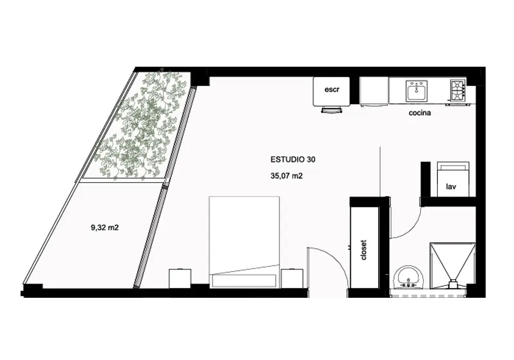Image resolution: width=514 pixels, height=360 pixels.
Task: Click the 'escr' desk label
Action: tap(332, 89)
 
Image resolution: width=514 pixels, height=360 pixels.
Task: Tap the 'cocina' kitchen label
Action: tap(419, 113)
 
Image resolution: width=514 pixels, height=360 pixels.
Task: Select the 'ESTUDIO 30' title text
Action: tap(293, 159)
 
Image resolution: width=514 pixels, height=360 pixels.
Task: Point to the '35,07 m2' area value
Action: tap(286, 176)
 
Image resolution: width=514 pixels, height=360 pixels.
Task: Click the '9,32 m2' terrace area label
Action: tap(104, 227)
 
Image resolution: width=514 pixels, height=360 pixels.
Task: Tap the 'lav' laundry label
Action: tap(451, 187)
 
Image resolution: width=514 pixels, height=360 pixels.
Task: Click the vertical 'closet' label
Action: tap(363, 250)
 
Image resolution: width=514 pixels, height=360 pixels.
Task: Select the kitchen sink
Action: tap(417, 91)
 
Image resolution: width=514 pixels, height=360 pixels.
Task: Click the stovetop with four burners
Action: tap(458, 90)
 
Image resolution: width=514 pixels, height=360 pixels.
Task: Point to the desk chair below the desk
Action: tap(331, 110)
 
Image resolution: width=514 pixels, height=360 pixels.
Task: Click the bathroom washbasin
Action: tap(409, 278)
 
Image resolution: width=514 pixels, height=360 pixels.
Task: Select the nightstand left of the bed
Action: tap(180, 279)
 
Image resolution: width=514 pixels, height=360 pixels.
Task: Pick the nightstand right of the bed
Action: tap(292, 279)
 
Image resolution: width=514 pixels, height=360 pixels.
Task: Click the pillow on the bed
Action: tap(244, 281)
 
